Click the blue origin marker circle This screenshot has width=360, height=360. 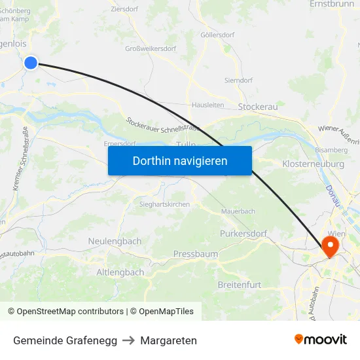click(31, 63)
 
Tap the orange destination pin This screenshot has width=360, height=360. click(330, 246)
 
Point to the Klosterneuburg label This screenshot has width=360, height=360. click(313, 164)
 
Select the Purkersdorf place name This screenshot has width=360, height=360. click(243, 233)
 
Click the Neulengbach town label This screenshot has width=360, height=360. click(115, 241)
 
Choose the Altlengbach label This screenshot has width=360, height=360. click(120, 272)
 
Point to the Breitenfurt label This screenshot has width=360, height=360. click(239, 285)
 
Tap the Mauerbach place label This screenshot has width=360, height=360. click(238, 211)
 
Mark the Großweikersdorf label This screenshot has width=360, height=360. click(151, 48)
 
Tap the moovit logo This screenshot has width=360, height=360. click(321, 339)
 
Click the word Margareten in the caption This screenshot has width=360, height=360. click(168, 340)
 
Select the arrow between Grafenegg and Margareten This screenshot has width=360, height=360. click(129, 340)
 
